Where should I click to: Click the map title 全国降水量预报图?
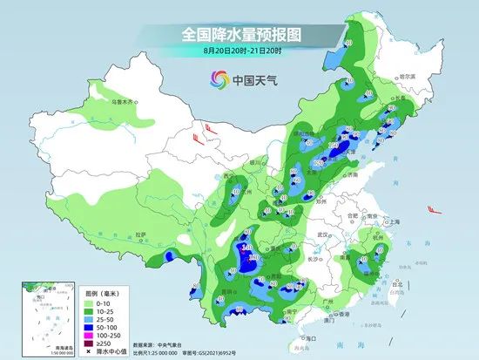[x=239, y=34]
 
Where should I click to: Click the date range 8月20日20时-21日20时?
[x=239, y=51]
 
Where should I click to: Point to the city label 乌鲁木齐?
[x=123, y=102]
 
